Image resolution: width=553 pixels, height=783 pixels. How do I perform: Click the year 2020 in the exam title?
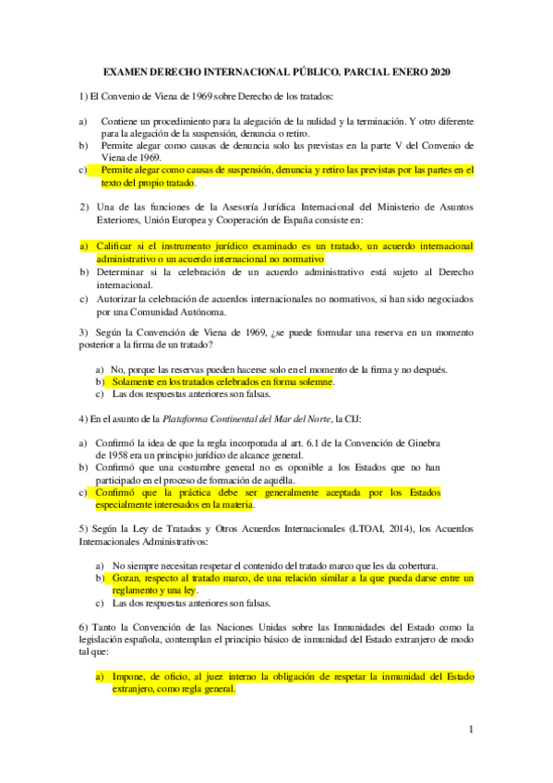tap(439, 72)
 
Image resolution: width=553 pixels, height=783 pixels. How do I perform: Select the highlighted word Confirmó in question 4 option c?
tap(115, 493)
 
